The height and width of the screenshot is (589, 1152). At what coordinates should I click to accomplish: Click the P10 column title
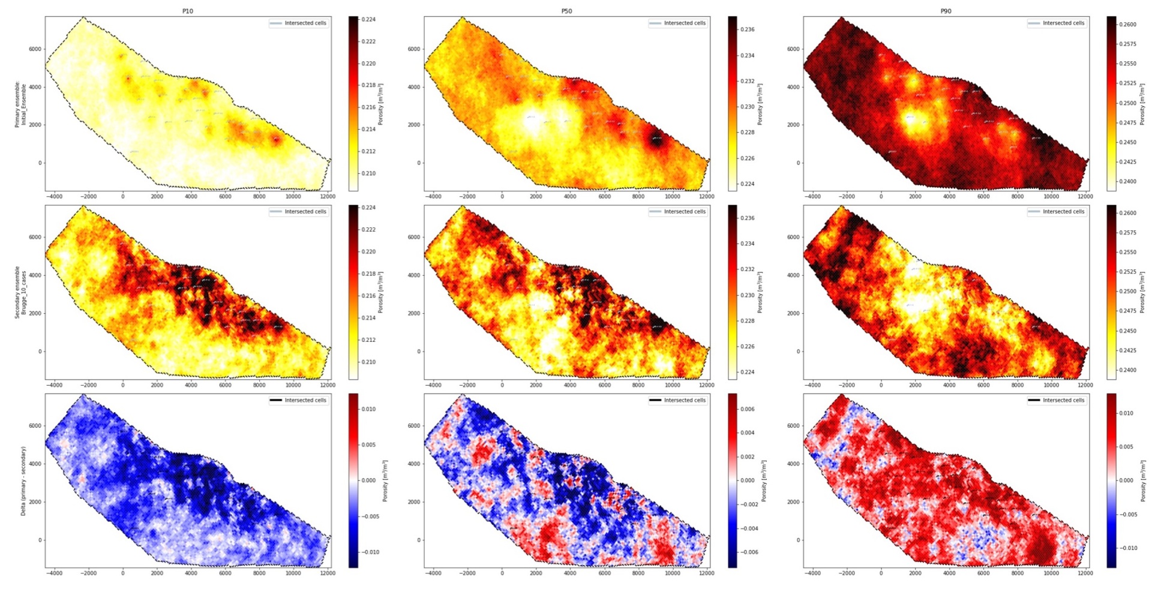tap(188, 11)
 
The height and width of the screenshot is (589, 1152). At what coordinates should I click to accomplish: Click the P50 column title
tap(566, 11)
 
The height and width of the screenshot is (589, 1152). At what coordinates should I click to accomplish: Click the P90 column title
tap(946, 11)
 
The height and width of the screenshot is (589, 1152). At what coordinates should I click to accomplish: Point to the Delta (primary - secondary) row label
tap(23, 481)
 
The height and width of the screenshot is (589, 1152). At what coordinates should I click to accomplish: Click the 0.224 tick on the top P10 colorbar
tap(368, 20)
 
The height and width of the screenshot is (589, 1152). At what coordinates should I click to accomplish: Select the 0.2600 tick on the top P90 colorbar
tap(1128, 25)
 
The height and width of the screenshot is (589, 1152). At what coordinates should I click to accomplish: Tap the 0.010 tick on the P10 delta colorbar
tap(368, 409)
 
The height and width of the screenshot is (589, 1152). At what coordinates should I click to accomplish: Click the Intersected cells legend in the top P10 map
tap(299, 23)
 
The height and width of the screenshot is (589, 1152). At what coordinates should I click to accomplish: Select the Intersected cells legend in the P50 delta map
tap(678, 400)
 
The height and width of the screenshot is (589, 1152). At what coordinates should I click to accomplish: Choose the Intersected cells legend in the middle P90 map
tap(1057, 212)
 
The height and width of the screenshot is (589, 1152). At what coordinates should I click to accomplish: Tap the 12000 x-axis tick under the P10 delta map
tap(327, 573)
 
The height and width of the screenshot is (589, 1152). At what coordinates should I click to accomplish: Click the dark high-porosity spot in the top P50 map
tap(656, 140)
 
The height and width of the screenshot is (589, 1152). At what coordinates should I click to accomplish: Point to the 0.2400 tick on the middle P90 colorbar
tap(1128, 370)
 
